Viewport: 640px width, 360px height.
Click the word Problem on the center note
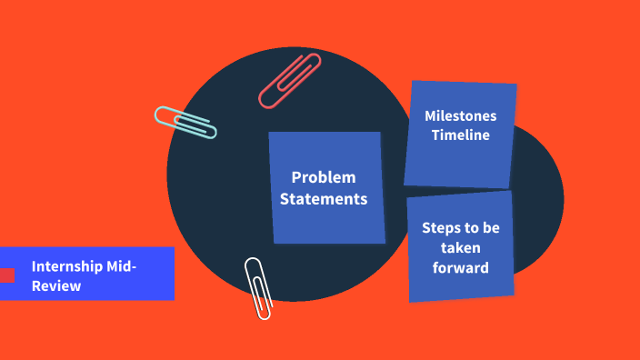click(324, 177)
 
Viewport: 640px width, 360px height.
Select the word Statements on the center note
click(324, 198)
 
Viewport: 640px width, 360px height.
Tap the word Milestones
click(461, 116)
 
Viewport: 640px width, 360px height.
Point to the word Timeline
click(461, 135)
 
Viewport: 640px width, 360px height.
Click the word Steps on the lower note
click(440, 227)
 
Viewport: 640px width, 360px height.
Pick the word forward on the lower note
click(461, 267)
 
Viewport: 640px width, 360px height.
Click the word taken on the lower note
click(461, 247)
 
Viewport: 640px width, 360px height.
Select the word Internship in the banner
click(66, 266)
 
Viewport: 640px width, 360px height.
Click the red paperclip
click(289, 81)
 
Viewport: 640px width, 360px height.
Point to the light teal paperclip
click(185, 122)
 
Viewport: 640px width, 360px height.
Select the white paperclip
click(258, 287)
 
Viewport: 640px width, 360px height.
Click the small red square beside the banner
click(7, 275)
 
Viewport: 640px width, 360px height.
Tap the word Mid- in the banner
click(121, 266)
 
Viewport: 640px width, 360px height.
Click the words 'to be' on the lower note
click(484, 227)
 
